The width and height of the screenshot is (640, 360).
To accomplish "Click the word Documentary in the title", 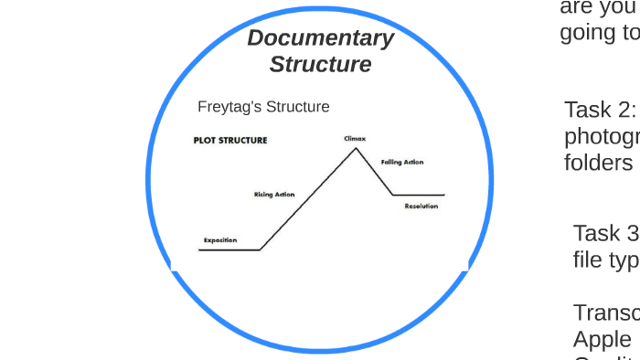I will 320,38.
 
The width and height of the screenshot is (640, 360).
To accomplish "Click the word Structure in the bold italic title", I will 320,65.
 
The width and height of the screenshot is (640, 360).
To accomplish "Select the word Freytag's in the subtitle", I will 229,107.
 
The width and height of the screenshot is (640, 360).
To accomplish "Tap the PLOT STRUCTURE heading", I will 229,141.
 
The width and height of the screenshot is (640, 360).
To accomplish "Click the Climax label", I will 355,138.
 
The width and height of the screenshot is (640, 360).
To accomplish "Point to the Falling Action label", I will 402,162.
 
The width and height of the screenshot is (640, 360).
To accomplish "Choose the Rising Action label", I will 273,195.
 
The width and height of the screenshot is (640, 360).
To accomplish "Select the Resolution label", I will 421,206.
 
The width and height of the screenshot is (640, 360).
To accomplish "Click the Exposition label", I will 220,240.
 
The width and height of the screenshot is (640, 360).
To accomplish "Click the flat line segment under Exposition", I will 229,249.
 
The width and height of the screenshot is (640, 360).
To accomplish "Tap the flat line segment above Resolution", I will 419,195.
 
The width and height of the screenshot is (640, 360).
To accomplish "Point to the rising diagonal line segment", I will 307,200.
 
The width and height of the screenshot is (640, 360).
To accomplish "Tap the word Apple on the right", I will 602,339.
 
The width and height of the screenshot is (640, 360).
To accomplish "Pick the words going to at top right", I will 600,32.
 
